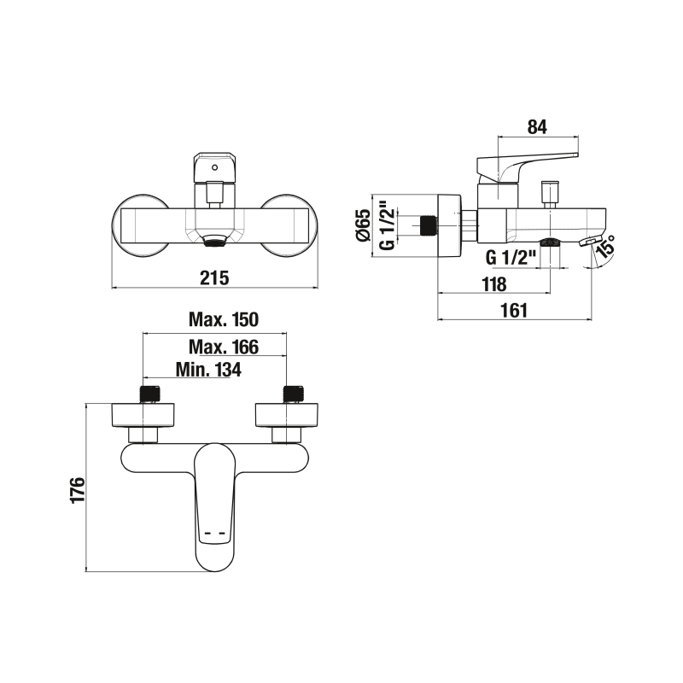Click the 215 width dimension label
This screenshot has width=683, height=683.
pos(214,278)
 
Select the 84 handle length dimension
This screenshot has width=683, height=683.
pos(537,126)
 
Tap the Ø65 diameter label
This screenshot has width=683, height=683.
pos(363,225)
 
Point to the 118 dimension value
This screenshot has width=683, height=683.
pos(494,284)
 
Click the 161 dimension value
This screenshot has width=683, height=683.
pos(514,311)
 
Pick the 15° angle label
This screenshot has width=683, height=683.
pos(607,246)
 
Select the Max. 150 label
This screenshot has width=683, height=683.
pos(224,319)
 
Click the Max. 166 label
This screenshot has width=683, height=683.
pos(224,347)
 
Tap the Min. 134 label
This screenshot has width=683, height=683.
pos(208,370)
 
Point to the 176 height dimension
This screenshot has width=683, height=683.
pos(78,490)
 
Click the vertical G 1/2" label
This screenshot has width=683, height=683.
pos(388,225)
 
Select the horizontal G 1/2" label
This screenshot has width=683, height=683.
pos(511,258)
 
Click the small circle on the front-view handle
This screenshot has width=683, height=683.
pos(214,167)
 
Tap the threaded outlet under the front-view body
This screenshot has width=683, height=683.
pos(214,240)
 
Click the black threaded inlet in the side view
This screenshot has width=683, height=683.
pos(428,225)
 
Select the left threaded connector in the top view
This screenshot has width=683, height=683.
pos(150,394)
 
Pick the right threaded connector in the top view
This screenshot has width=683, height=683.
pos(293,394)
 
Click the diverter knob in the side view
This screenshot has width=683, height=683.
pos(549,194)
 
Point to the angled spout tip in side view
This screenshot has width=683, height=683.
pos(591,241)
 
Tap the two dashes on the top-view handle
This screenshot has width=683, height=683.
pos(214,533)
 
